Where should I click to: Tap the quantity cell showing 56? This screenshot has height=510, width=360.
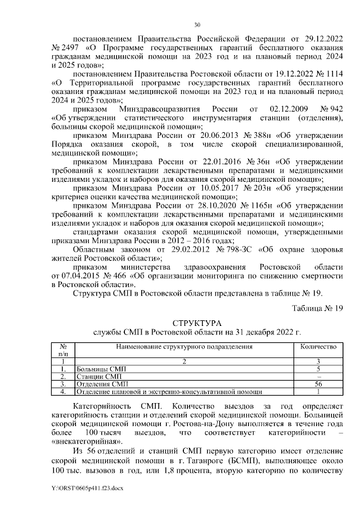point(318,384)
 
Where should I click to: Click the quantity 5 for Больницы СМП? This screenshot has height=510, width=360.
point(318,369)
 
